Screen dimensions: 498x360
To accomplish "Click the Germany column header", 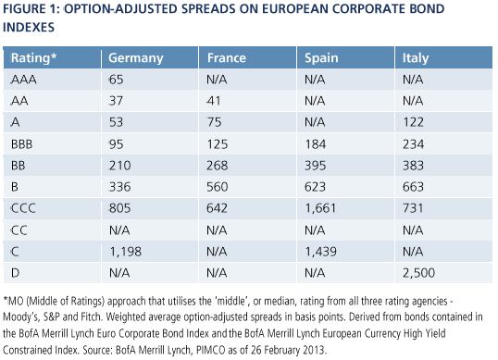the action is pos(136,58).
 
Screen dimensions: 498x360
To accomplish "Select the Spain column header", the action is pos(321,58).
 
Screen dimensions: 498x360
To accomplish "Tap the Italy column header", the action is pos(416,58).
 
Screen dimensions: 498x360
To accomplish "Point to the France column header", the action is pos(227,58).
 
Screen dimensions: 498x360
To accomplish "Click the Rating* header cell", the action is pos(33,57).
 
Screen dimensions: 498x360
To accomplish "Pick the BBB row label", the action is pos(22,144).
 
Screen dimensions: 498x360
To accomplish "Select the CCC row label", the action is pos(23,208).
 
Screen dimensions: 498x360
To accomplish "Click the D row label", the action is pos(15,273).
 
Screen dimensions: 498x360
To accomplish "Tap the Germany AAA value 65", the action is pos(117,80).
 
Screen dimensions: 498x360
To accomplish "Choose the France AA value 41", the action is pos(214,101).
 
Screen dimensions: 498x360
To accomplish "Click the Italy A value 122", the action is pos(413,122).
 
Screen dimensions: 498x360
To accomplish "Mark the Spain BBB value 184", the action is pos(315,144).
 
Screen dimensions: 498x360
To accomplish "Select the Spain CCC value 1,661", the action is pos(320,208).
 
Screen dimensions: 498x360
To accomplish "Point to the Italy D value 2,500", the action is pos(419,273).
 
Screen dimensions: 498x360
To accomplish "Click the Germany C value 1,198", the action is pos(126,252).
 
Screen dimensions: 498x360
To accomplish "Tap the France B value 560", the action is pos(218,187).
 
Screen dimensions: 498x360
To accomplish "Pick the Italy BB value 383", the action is pos(413,166).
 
